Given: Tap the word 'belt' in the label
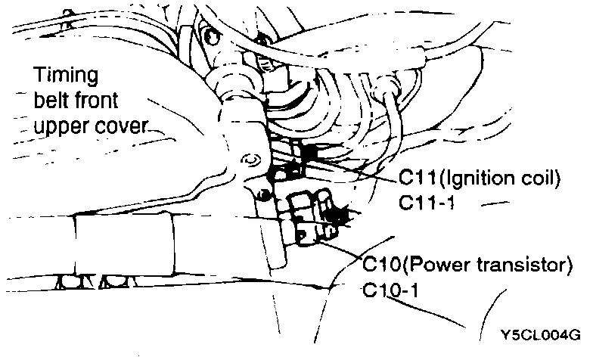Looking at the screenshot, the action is click(x=50, y=100).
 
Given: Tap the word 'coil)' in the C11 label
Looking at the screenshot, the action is click(x=540, y=179).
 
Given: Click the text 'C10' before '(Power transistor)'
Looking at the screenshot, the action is click(x=380, y=265).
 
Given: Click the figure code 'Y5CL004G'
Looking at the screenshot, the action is click(x=537, y=334).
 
